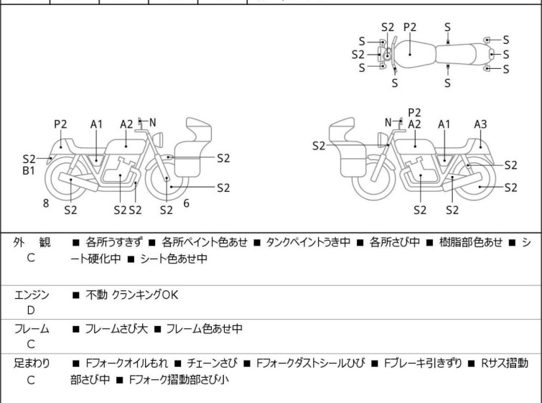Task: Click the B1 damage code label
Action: click(29, 172)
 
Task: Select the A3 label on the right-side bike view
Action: click(480, 124)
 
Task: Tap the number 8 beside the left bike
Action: click(46, 203)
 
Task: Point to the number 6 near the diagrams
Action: click(187, 203)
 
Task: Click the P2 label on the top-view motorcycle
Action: click(410, 27)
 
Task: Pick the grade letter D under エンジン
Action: click(31, 310)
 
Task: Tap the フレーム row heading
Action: click(32, 329)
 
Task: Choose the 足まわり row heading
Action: click(32, 363)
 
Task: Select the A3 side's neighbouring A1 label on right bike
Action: click(444, 124)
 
